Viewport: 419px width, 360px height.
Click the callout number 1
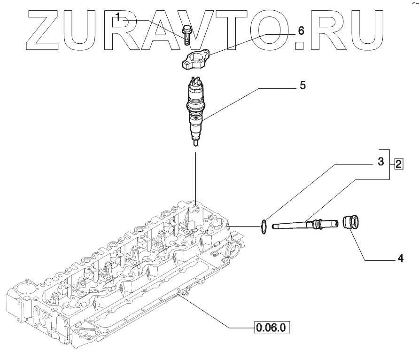tap(118, 18)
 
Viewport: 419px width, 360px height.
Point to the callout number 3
tap(381, 163)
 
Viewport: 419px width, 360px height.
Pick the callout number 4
tap(400, 258)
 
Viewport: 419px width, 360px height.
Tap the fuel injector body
tap(195, 106)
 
